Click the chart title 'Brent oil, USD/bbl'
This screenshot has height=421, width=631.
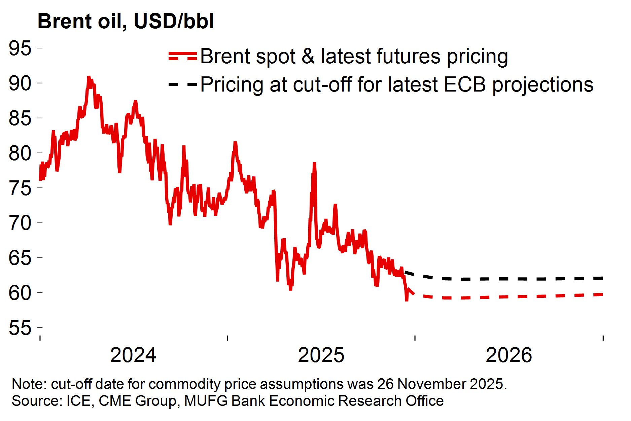[x=126, y=22]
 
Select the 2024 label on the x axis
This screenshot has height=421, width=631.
[x=133, y=355]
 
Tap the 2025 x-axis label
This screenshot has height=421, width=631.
[x=321, y=355]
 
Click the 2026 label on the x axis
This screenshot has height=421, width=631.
[x=509, y=355]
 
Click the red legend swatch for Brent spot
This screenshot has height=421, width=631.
[x=182, y=56]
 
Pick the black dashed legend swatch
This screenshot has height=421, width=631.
[x=182, y=84]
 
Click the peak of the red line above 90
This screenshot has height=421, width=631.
[x=89, y=77]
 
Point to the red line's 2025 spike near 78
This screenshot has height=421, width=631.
[x=314, y=164]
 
